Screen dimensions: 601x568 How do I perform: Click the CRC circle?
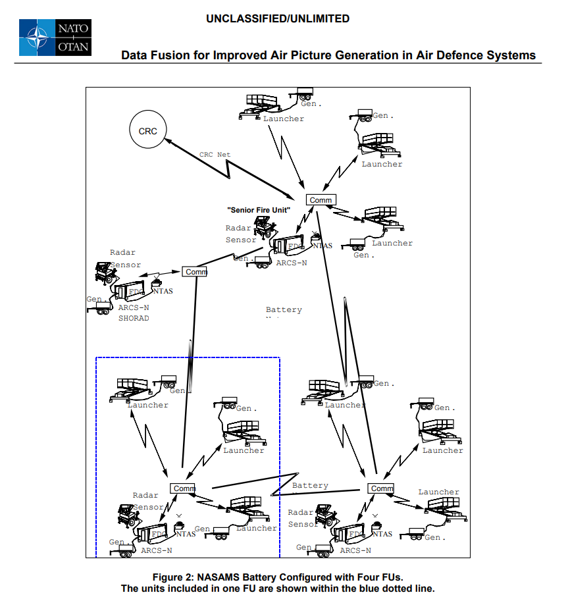(147, 131)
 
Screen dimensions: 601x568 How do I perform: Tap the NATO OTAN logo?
(55, 38)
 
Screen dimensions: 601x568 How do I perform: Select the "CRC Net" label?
(215, 155)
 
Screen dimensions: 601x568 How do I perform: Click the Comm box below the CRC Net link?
(321, 199)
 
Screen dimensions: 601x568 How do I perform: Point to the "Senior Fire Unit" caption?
(259, 210)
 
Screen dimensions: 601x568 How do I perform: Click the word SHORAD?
(134, 319)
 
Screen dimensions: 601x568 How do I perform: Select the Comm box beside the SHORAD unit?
(195, 271)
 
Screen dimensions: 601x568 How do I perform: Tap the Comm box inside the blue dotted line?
(183, 488)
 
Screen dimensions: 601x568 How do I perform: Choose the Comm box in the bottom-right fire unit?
(381, 488)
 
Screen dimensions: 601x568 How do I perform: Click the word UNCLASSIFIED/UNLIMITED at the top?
(278, 18)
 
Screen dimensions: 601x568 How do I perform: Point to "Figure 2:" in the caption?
(173, 577)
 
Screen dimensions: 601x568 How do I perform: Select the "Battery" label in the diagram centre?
(284, 309)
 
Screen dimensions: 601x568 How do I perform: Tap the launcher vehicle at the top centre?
(261, 105)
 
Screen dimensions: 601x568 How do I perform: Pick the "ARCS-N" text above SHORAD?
(134, 307)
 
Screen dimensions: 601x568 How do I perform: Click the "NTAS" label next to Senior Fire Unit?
(322, 246)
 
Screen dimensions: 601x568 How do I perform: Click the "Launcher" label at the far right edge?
(442, 450)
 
